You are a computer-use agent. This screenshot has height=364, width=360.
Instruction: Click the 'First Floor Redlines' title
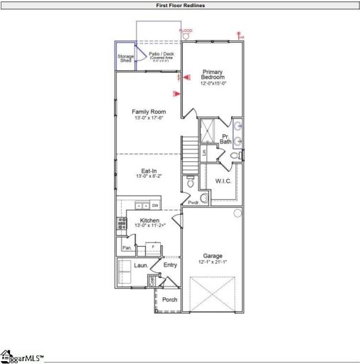tap(180, 5)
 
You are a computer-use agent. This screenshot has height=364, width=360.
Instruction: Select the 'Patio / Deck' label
tap(160, 54)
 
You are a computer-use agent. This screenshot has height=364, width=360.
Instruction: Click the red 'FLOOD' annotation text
tap(186, 31)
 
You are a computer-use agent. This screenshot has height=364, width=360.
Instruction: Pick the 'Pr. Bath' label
tap(226, 139)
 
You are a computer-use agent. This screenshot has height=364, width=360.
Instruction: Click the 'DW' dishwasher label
tap(154, 205)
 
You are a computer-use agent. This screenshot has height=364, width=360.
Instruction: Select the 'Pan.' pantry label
tap(126, 247)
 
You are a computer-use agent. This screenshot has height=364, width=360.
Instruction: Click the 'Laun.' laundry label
tap(141, 265)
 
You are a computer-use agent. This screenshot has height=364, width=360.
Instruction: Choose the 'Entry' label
tap(170, 265)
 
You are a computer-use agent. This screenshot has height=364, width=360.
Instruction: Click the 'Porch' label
tap(169, 299)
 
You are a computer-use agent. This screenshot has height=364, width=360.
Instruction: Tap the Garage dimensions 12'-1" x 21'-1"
tap(213, 262)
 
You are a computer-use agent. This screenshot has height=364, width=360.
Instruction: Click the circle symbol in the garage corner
tap(238, 213)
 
